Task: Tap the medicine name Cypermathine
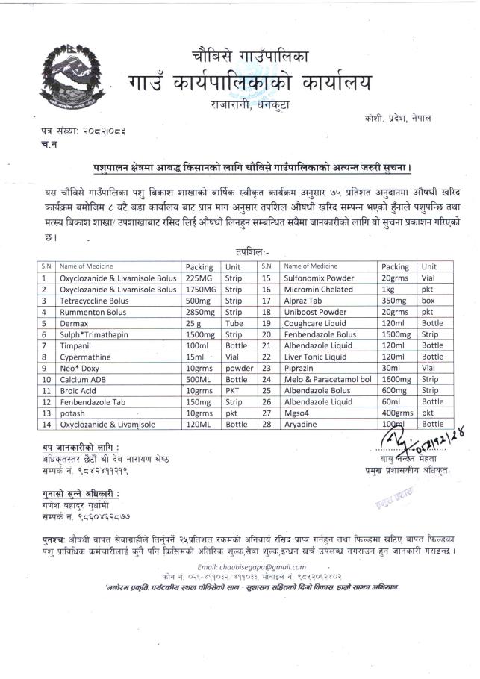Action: (85, 357)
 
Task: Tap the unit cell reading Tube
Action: (234, 324)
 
